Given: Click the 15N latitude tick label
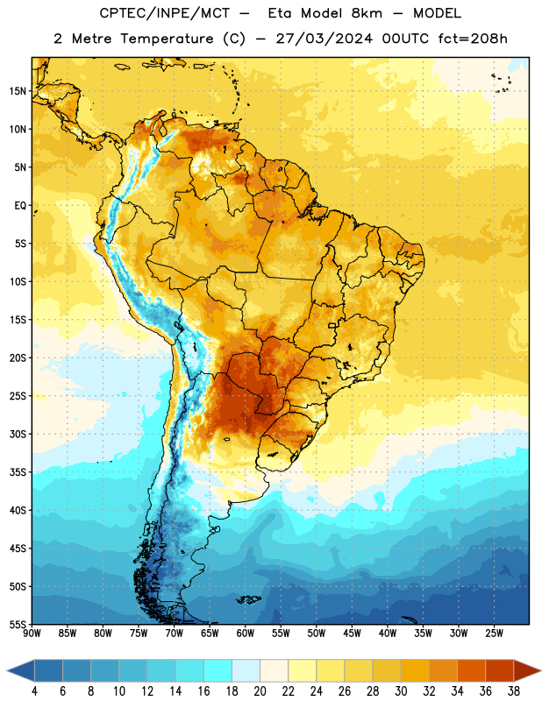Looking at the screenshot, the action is click(x=18, y=91).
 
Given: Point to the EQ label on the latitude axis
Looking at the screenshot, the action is click(x=20, y=206).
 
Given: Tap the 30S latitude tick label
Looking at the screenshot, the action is click(x=18, y=434).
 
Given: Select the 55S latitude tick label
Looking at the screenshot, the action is click(x=18, y=624).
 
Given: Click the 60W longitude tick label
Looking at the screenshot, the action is click(x=246, y=633).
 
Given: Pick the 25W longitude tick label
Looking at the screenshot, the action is click(x=494, y=633).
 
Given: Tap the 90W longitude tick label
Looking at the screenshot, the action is click(x=32, y=633).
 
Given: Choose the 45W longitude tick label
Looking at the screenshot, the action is click(x=352, y=633).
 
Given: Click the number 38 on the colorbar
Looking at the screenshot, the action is click(x=514, y=691).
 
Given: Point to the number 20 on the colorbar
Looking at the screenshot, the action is click(x=260, y=691).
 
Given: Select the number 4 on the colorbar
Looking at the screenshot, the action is click(x=34, y=691).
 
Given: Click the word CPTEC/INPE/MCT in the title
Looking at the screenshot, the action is click(x=164, y=13).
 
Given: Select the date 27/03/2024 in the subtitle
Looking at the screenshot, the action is click(x=324, y=39).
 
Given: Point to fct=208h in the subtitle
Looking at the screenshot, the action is click(x=473, y=39).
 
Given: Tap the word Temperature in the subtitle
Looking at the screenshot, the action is click(x=167, y=39).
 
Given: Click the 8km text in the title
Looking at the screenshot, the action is click(x=367, y=13).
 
